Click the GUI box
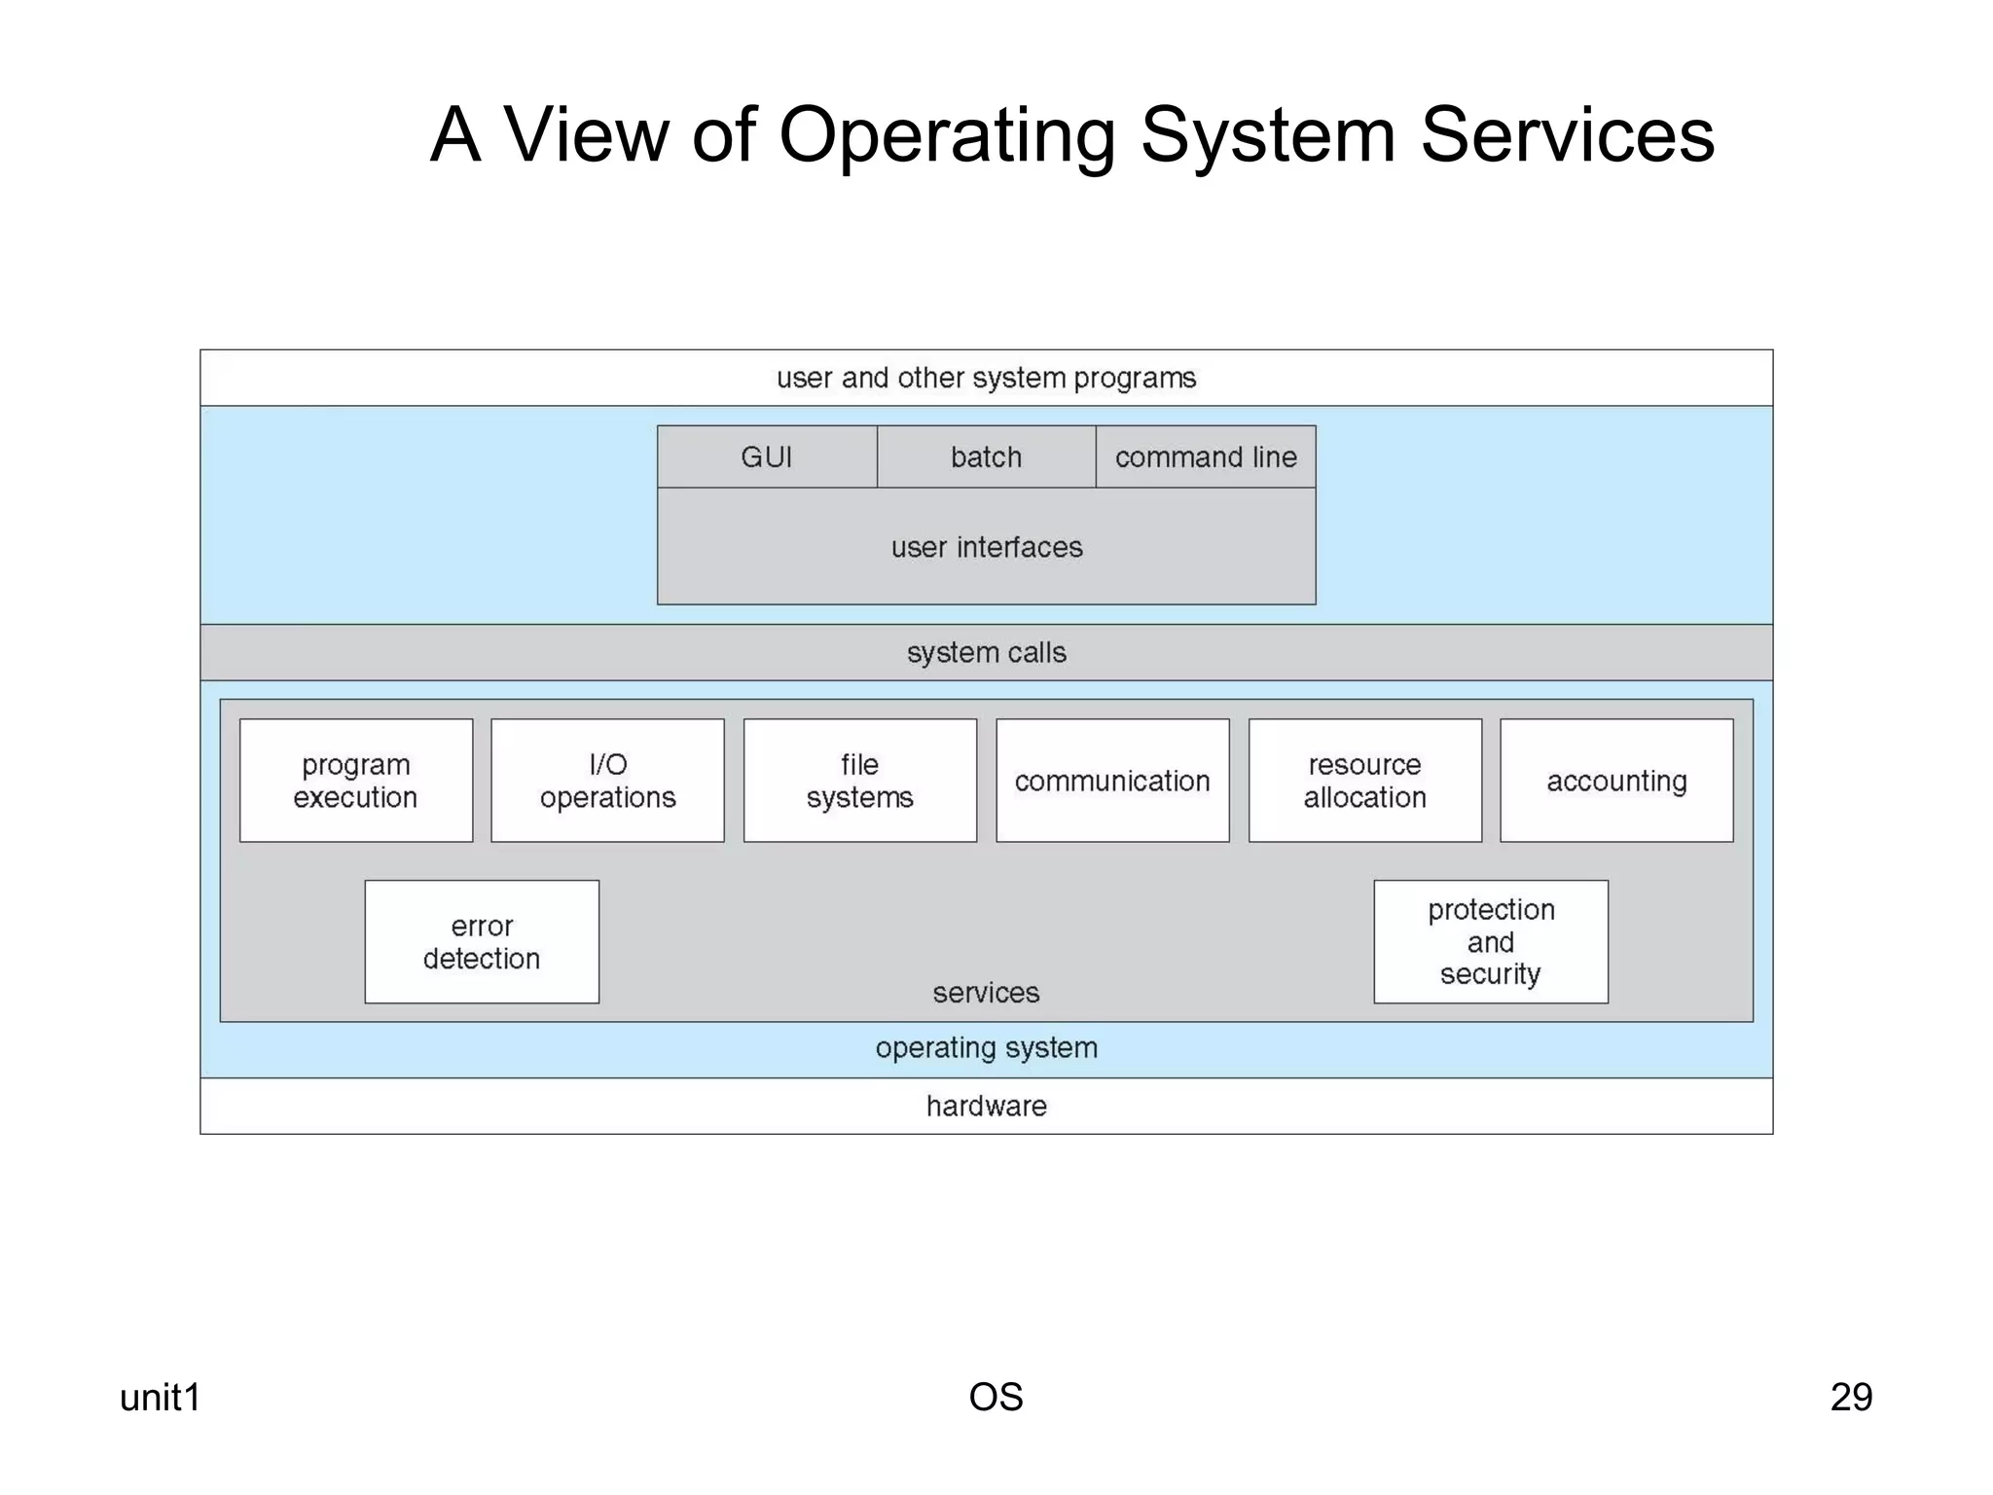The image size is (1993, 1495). point(767,456)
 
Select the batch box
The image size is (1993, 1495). point(986,456)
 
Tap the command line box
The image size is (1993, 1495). point(1206,456)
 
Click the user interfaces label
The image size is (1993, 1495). point(986,547)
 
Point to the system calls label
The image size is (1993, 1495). point(986,652)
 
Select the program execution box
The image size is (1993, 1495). point(356,781)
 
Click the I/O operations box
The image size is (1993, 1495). point(607,781)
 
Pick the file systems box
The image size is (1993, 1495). point(860,781)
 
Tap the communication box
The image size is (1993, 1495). point(1112,781)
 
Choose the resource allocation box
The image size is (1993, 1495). point(1364,781)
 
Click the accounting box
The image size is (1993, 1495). point(1616,781)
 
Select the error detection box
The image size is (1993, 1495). point(482,942)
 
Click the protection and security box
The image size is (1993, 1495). point(1491,942)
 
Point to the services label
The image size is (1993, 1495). point(986,993)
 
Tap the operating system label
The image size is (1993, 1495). point(986,1048)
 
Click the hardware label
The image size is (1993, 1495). point(986,1106)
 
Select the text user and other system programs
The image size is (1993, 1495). point(986,378)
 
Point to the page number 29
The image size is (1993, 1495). point(1851,1397)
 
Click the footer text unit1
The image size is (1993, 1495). point(160,1397)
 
